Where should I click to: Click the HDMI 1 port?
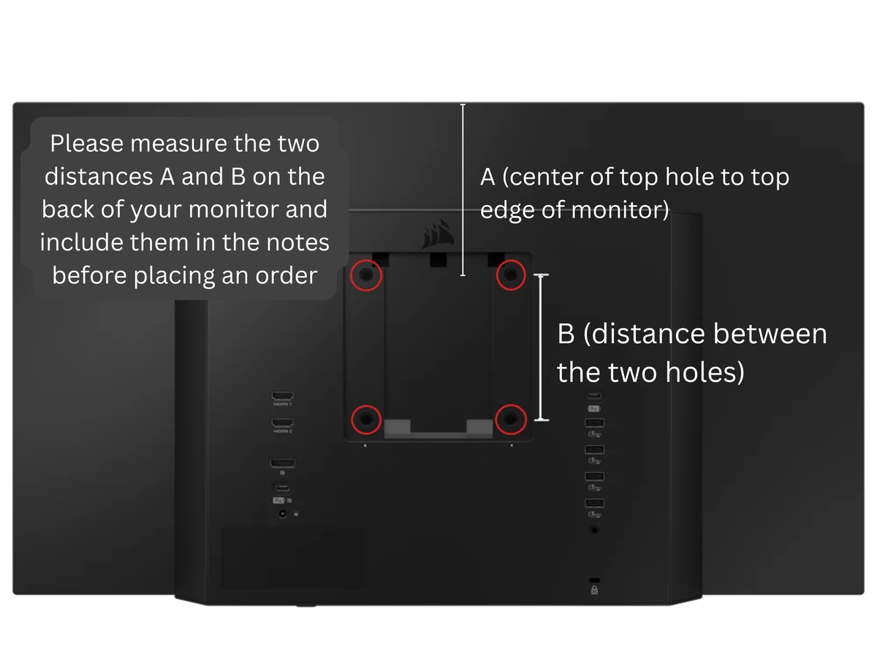coord(283,396)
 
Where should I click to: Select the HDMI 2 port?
coord(283,423)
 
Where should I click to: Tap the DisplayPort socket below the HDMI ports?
coord(283,463)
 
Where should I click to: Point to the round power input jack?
coord(283,514)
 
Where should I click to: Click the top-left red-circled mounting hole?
coord(366,275)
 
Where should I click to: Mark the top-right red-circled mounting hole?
coord(511,274)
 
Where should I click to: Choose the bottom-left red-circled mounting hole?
coord(366,419)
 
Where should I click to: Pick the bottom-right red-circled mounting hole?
coord(510,419)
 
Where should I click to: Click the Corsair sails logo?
coord(438,234)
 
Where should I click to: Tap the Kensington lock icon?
coord(594,591)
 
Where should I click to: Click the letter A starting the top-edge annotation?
coord(487,177)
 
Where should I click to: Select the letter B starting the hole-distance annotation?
coord(566,334)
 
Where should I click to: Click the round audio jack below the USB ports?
coord(594,530)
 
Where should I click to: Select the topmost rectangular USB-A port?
coord(594,423)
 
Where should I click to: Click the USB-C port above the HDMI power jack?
coord(283,488)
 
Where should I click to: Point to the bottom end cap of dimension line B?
coord(542,420)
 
